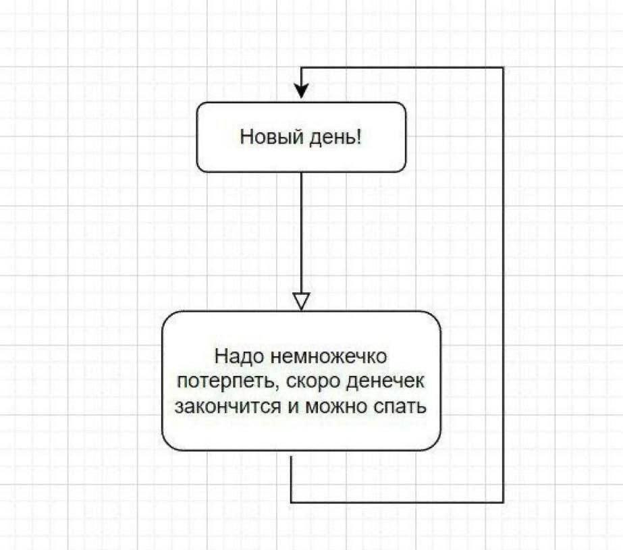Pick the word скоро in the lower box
pyautogui.click(x=314, y=381)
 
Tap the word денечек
pyautogui.click(x=385, y=381)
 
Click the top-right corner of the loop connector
pyautogui.click(x=503, y=67)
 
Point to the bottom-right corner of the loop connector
pyautogui.click(x=503, y=502)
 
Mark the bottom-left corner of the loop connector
pyautogui.click(x=291, y=502)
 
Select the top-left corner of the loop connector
pyautogui.click(x=301, y=67)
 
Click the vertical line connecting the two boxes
pyautogui.click(x=301, y=229)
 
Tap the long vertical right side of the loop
pyautogui.click(x=503, y=283)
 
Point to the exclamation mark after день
pyautogui.click(x=359, y=137)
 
